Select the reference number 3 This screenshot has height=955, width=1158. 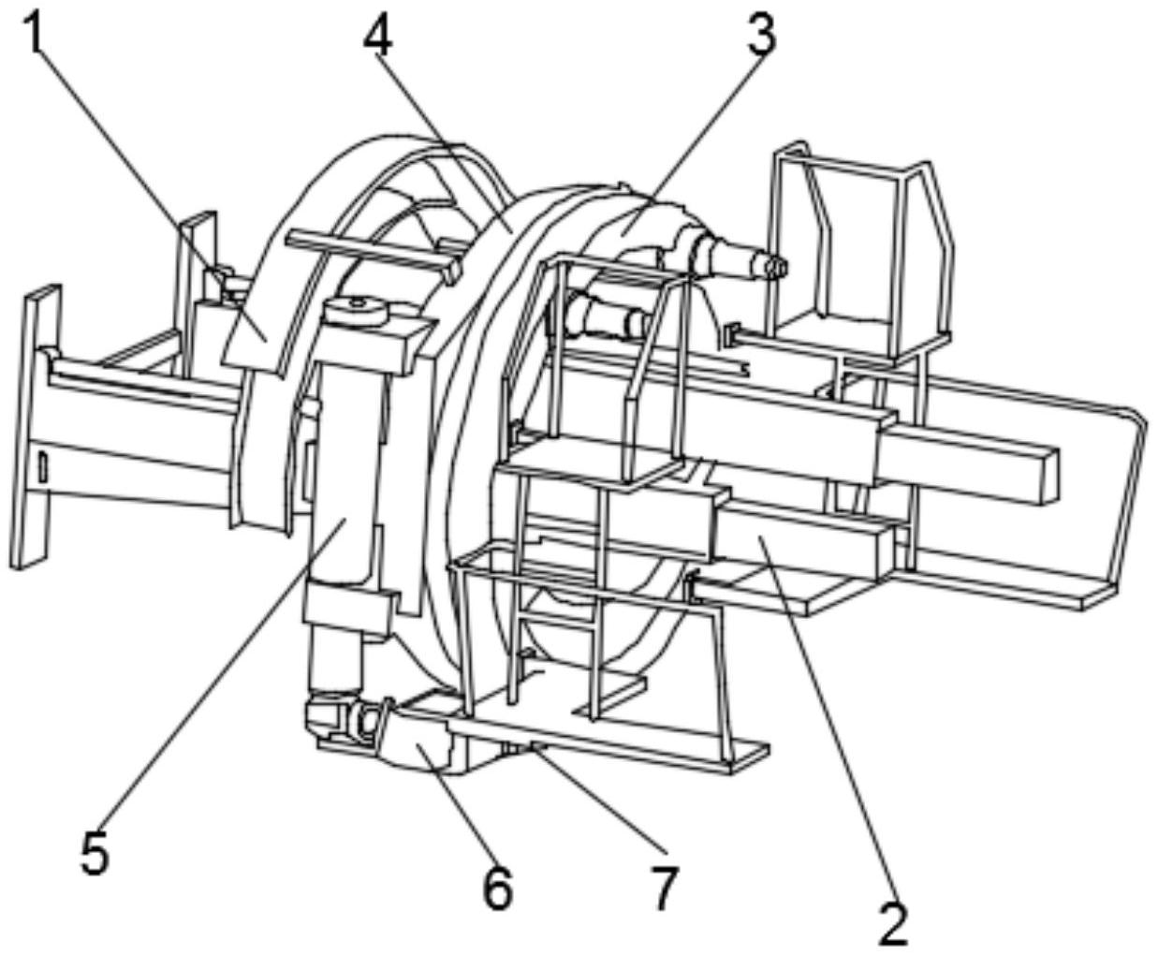point(761,34)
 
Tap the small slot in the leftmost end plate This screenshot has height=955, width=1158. point(41,466)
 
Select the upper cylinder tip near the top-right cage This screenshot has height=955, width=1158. point(775,269)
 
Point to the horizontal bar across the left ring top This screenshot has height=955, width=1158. point(373,254)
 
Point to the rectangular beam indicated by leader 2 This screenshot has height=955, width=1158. point(799,536)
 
